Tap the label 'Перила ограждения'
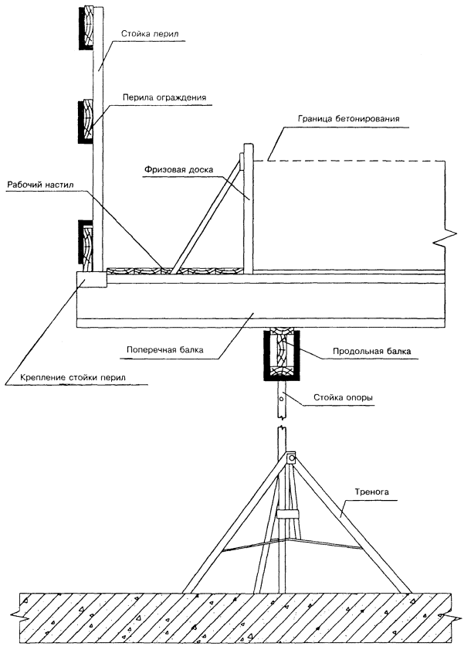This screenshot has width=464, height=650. tap(163, 98)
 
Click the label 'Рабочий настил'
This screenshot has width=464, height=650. tap(36, 186)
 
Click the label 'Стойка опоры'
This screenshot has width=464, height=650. tap(344, 398)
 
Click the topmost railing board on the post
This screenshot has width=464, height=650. tap(87, 29)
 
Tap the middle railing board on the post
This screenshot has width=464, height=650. tap(86, 121)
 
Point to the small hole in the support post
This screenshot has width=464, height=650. tap(283, 399)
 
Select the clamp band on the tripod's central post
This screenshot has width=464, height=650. tap(286, 515)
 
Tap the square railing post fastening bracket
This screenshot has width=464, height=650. tap(92, 278)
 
